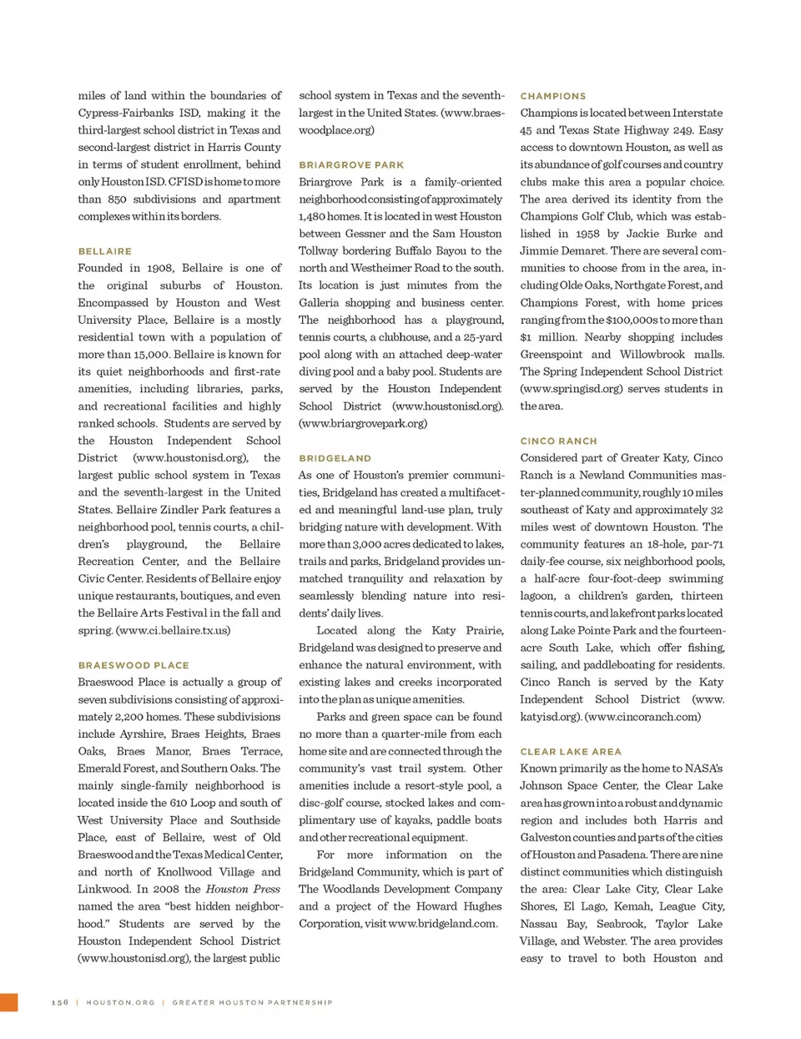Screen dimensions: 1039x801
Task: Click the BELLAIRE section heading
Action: [x=104, y=251]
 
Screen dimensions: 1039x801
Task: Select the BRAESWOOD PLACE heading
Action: [x=133, y=665]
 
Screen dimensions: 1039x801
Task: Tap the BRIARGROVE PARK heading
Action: [x=351, y=165]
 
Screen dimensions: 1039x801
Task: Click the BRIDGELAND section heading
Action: [x=335, y=458]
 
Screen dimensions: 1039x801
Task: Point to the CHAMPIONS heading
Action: [x=552, y=96]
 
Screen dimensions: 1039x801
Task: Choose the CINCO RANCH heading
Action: [x=558, y=441]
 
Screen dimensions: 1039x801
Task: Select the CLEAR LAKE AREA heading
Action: [x=570, y=751]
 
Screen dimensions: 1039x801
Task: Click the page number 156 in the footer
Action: [x=60, y=1002]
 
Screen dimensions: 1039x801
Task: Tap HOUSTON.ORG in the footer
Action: [x=120, y=1002]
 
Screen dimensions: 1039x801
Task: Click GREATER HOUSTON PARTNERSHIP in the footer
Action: [x=252, y=1002]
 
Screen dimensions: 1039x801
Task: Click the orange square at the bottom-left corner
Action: [x=8, y=1002]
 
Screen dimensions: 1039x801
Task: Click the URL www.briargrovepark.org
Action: [x=363, y=423]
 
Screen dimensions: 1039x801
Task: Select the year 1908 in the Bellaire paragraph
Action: [x=160, y=268]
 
